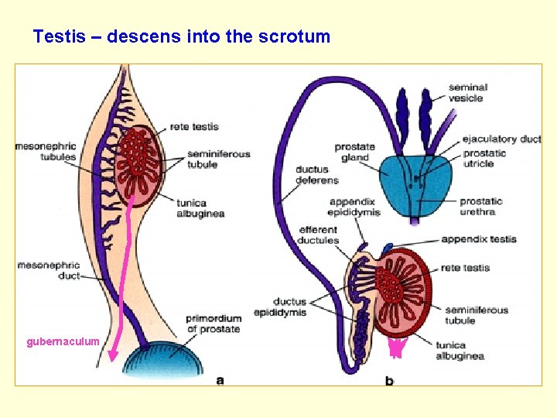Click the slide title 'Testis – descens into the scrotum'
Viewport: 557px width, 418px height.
pos(181,36)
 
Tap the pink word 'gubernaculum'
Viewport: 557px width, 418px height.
pos(63,341)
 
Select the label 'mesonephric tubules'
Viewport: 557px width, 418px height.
pos(46,151)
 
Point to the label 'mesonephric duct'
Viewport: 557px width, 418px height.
pos(48,270)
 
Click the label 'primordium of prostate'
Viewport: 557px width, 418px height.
pos(214,324)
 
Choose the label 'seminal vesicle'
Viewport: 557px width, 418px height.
pos(468,93)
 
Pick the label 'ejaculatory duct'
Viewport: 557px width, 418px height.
pos(501,139)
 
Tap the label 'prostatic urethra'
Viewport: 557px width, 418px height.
pos(481,207)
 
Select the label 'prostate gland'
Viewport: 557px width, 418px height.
pos(354,152)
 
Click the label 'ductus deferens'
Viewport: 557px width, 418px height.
pos(316,175)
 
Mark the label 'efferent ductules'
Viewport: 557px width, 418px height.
pos(318,235)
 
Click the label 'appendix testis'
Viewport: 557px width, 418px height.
pos(478,239)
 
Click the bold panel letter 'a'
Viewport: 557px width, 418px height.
pos(220,379)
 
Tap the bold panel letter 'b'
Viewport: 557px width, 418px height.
pos(389,380)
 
